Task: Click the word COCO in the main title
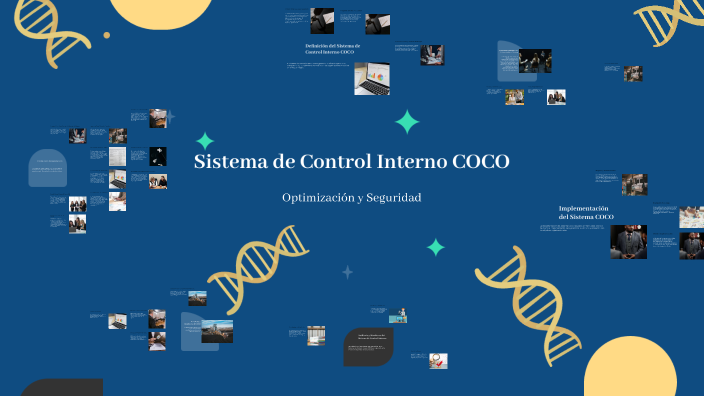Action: pos(481,162)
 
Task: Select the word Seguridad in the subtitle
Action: pos(393,198)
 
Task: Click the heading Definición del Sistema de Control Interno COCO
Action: pos(333,49)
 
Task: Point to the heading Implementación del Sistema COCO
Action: pos(586,212)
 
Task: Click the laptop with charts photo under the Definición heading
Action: pos(372,79)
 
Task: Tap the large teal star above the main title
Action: pos(407,122)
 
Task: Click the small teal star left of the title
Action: pos(205,141)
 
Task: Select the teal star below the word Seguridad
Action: pos(436,247)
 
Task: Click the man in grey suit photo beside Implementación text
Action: pos(628,241)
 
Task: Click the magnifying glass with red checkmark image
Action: pos(438,360)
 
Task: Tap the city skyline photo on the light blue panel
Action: pos(215,331)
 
